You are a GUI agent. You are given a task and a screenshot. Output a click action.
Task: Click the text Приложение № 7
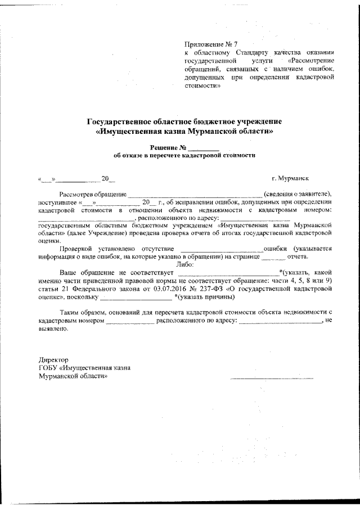208,43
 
